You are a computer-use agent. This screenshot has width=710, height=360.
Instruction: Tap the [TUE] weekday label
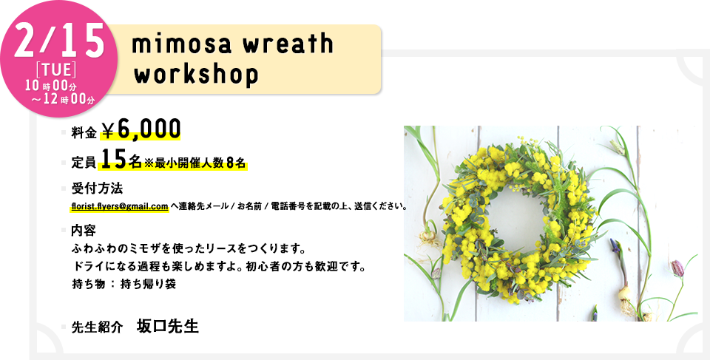pos(55,69)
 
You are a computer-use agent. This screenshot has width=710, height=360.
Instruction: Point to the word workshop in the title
pos(196,75)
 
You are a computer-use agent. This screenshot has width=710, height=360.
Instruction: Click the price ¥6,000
pos(141,130)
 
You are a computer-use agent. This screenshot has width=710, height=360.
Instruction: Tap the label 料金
pos(84,132)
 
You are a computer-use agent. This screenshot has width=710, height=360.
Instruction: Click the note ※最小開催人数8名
pos(195,163)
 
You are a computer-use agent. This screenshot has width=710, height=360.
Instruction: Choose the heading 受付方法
pos(97,188)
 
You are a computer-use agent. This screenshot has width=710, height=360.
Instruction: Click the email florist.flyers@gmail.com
pos(120,206)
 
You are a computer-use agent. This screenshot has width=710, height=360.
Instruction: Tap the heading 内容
pos(84,231)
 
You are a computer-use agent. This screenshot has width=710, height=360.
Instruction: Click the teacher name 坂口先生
pos(168,326)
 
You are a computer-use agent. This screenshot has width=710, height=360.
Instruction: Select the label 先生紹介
pos(97,328)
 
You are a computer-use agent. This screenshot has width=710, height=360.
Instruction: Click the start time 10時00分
pos(51,86)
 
